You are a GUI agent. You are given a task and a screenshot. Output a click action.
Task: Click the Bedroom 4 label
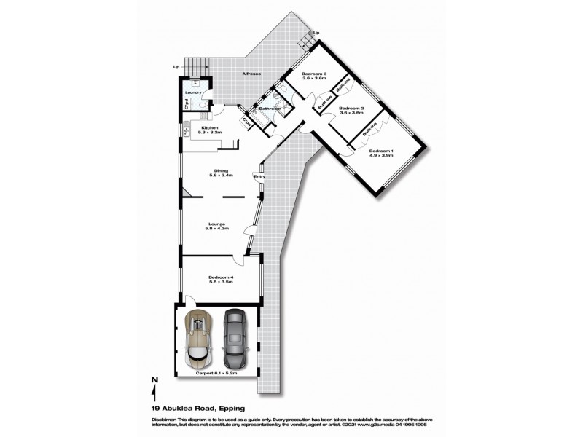[221, 277]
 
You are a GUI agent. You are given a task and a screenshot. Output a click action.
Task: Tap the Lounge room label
[216, 224]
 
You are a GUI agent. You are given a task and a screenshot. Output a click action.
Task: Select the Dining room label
[221, 171]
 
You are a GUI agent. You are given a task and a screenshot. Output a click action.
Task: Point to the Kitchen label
[210, 128]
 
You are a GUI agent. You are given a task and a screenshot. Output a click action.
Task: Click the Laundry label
[193, 92]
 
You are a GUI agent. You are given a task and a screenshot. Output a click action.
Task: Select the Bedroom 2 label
[351, 108]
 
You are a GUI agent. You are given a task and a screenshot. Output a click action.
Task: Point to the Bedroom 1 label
[381, 151]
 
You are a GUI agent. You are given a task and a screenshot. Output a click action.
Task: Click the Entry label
[259, 176]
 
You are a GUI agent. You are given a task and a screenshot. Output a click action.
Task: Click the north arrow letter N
[154, 379]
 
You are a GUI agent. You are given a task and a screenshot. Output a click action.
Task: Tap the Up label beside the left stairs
[176, 68]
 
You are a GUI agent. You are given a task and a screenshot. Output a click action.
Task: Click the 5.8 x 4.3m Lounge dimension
[216, 229]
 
